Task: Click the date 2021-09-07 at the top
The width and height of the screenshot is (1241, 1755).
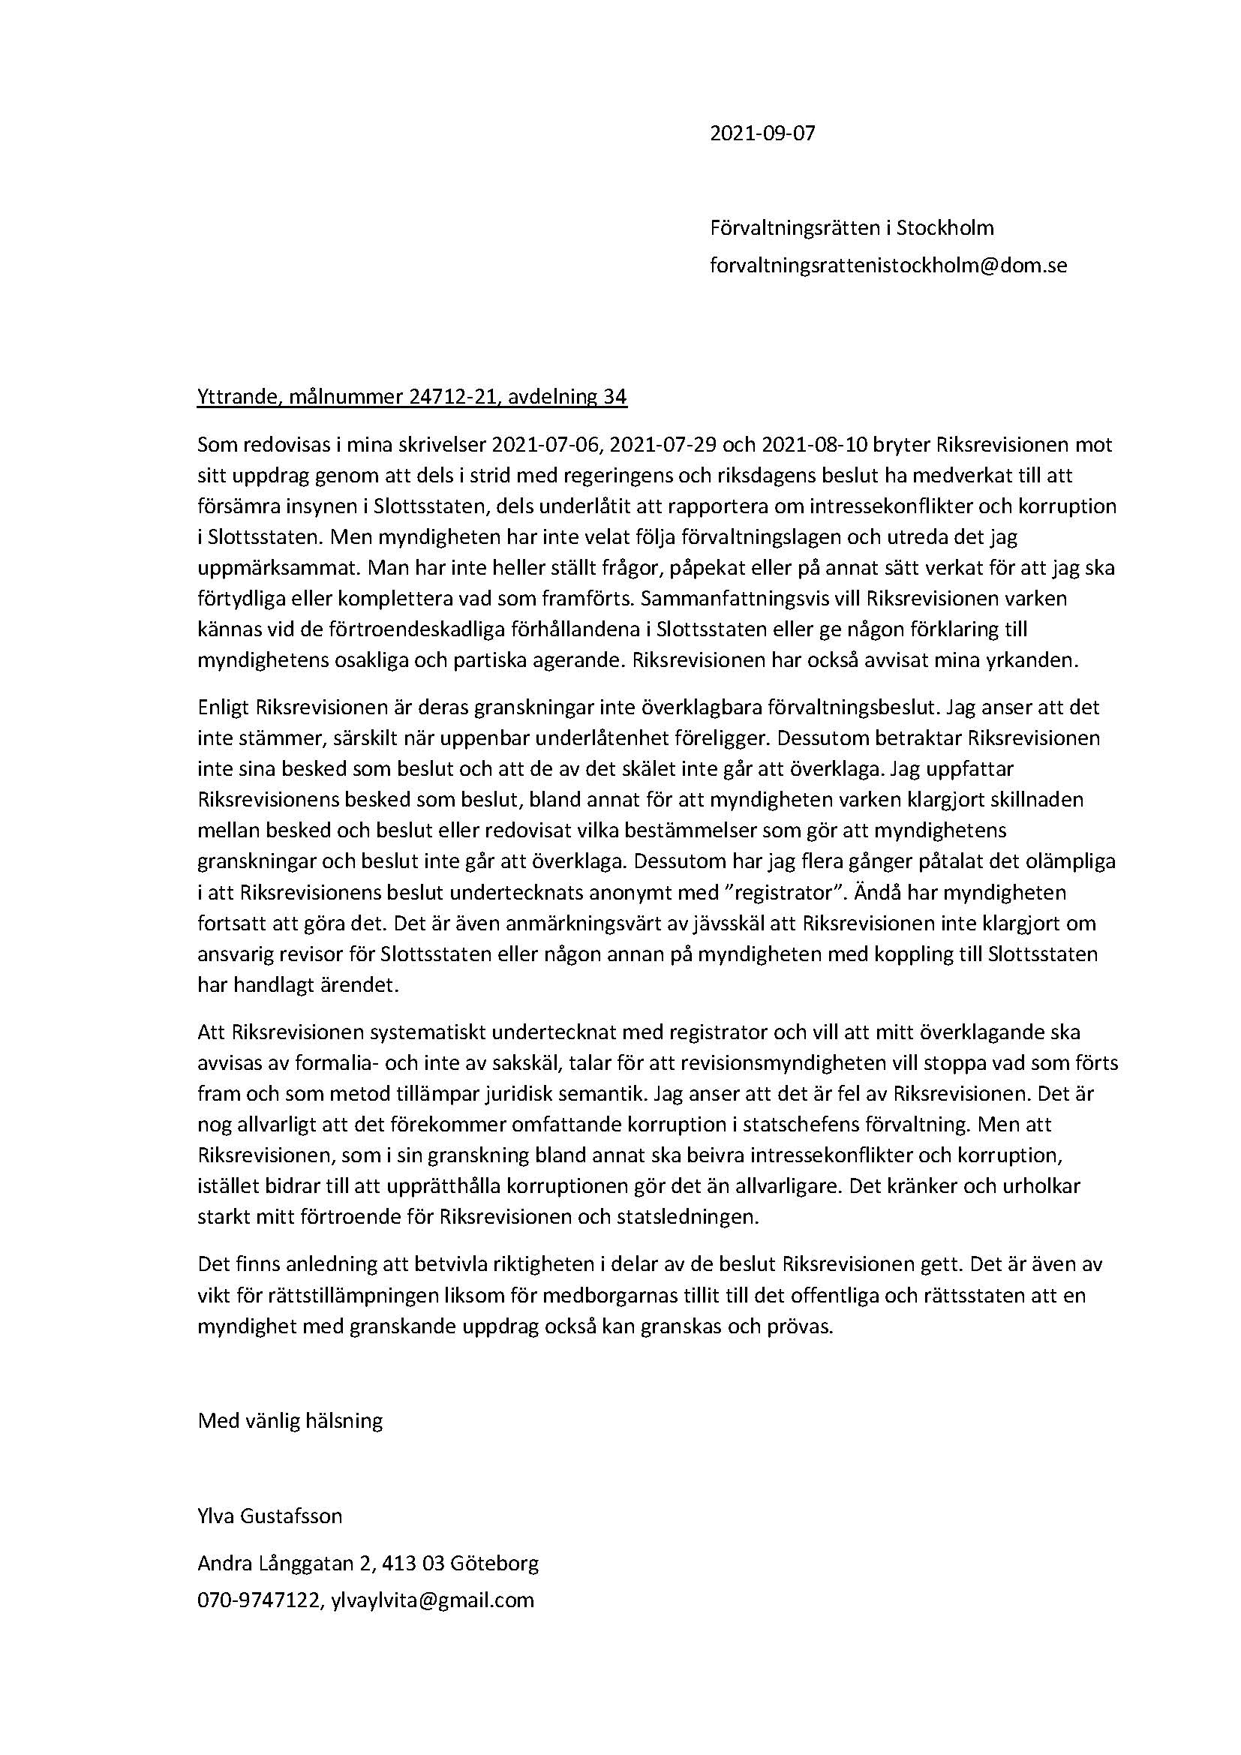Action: [762, 134]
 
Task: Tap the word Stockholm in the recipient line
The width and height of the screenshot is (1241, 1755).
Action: [945, 228]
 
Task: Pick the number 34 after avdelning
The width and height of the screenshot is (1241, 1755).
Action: [615, 398]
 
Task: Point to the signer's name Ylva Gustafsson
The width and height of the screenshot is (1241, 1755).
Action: [270, 1516]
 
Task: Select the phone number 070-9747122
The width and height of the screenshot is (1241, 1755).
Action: [258, 1600]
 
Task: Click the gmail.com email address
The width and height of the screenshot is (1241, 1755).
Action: [432, 1600]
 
